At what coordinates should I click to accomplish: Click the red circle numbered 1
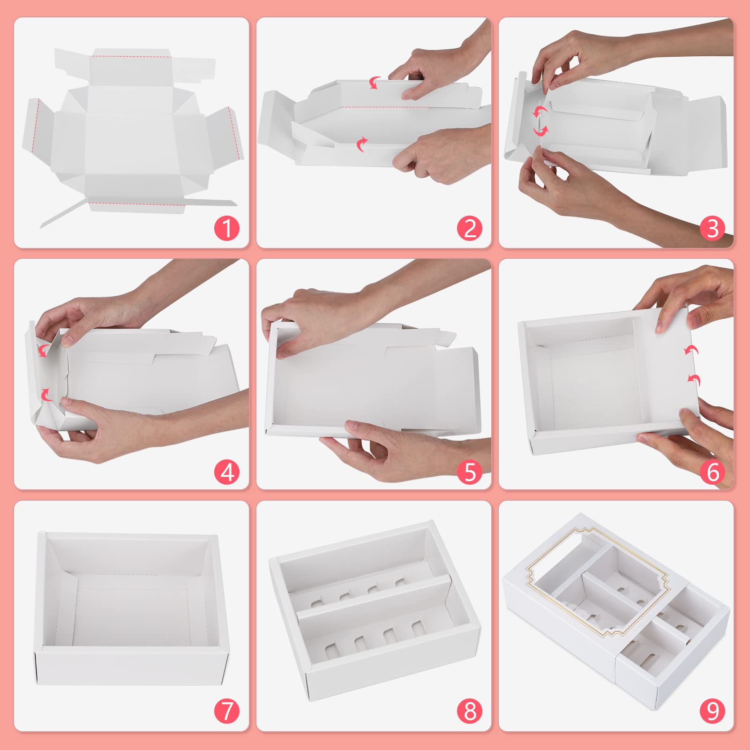[227, 229]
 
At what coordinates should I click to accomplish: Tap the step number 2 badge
[470, 229]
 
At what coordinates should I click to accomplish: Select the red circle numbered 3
[712, 229]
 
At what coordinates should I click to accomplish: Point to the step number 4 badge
[227, 472]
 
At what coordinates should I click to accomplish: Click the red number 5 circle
[470, 472]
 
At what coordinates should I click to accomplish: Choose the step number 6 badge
[712, 472]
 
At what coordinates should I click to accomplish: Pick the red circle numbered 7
[227, 711]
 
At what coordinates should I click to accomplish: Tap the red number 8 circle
[470, 711]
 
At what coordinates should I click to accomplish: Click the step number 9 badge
[712, 711]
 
